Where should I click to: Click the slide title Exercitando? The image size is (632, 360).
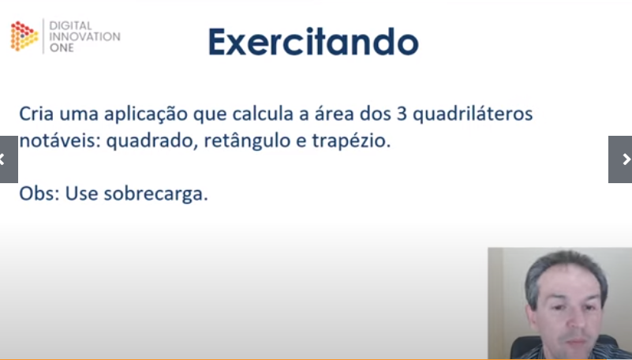pos(313,42)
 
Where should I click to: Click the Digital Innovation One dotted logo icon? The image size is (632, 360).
pos(24,36)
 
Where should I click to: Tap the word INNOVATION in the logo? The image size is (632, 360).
pos(84,36)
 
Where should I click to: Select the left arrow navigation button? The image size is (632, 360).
pos(7,159)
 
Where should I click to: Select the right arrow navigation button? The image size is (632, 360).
pos(621,159)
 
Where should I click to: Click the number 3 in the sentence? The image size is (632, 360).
pos(402,114)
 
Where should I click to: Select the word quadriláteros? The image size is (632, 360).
pos(473,114)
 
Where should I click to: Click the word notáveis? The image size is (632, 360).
pos(57,143)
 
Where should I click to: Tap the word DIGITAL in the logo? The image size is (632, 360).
pos(71,25)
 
